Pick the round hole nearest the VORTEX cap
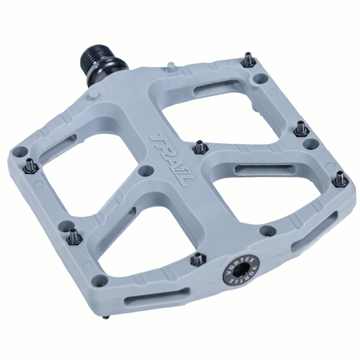(266, 231)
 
